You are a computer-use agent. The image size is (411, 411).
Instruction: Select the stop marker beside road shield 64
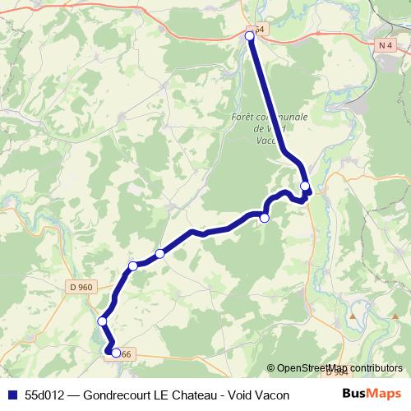tap(250, 35)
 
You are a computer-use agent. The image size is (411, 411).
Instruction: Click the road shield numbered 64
tap(259, 30)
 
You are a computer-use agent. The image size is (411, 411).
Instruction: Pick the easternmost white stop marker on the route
tap(306, 187)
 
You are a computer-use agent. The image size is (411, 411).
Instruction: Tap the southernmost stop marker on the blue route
tap(116, 353)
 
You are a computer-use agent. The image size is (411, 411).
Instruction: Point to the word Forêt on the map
tap(243, 117)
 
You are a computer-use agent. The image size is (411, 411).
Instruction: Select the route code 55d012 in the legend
tap(43, 395)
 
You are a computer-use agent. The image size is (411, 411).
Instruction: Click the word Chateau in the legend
tap(195, 395)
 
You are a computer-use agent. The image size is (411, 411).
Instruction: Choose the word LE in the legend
tap(161, 395)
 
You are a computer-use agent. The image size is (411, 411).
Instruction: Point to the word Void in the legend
tap(242, 395)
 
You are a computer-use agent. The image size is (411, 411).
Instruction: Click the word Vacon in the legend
tap(274, 395)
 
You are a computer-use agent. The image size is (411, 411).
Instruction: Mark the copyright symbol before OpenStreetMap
tap(271, 368)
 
